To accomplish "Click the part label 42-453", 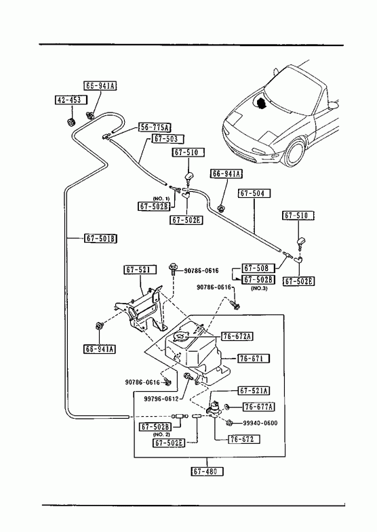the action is click(x=71, y=100).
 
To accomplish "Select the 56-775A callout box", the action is click(x=155, y=127).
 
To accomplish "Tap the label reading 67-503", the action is click(x=169, y=138).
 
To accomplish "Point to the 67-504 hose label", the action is click(x=254, y=193).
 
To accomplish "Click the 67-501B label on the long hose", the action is click(x=100, y=239).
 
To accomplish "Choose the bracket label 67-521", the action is click(x=140, y=270).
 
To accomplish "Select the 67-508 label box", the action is click(x=258, y=268).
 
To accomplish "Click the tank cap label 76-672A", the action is click(x=238, y=336).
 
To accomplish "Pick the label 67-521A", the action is click(x=254, y=391).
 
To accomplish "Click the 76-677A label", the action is click(x=258, y=407).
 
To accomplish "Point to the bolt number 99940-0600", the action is click(x=260, y=423).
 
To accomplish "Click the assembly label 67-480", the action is click(x=207, y=471).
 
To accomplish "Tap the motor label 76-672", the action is click(x=243, y=439).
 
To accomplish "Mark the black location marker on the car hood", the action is click(x=261, y=103).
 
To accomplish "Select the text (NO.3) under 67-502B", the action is click(x=259, y=289).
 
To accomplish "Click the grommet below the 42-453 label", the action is click(x=71, y=121).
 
